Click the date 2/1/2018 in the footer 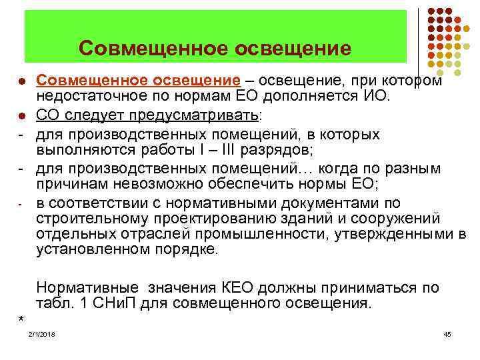click(41, 333)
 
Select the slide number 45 click(447, 333)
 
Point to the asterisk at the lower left click(21, 318)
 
